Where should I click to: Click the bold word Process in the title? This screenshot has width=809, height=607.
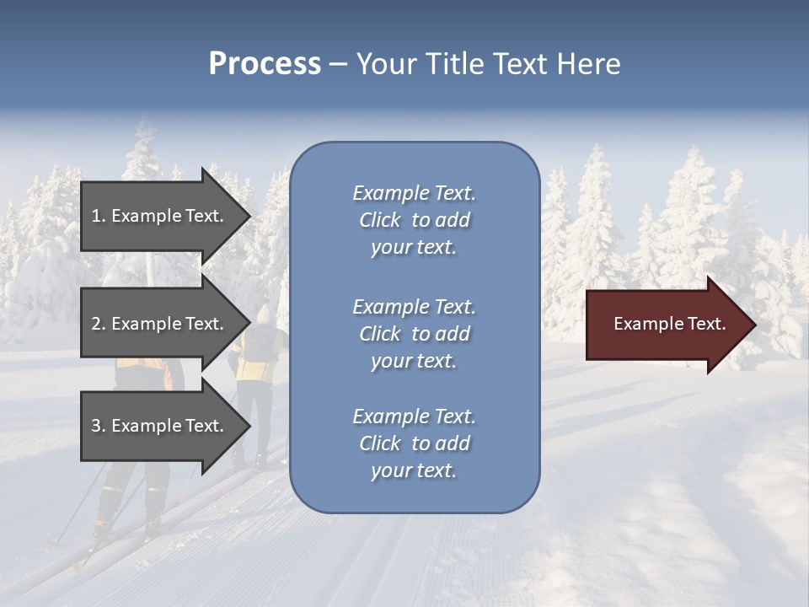(265, 64)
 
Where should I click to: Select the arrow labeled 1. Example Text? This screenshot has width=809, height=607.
(160, 216)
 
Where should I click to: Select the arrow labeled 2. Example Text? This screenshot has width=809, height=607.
(160, 324)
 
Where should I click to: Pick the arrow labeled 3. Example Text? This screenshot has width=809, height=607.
(160, 426)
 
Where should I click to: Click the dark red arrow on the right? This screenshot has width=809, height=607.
(666, 325)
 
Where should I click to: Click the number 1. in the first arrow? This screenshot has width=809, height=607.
(99, 216)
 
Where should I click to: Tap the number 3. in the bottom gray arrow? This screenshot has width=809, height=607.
(99, 426)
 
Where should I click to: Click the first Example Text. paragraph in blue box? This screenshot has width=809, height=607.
(414, 220)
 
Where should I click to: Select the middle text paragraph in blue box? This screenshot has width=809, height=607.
(414, 334)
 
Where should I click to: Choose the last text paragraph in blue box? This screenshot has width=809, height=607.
(414, 443)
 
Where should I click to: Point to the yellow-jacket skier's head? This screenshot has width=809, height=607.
(264, 314)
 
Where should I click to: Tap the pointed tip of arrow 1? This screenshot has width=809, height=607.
(250, 216)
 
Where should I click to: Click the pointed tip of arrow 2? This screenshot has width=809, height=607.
(250, 324)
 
